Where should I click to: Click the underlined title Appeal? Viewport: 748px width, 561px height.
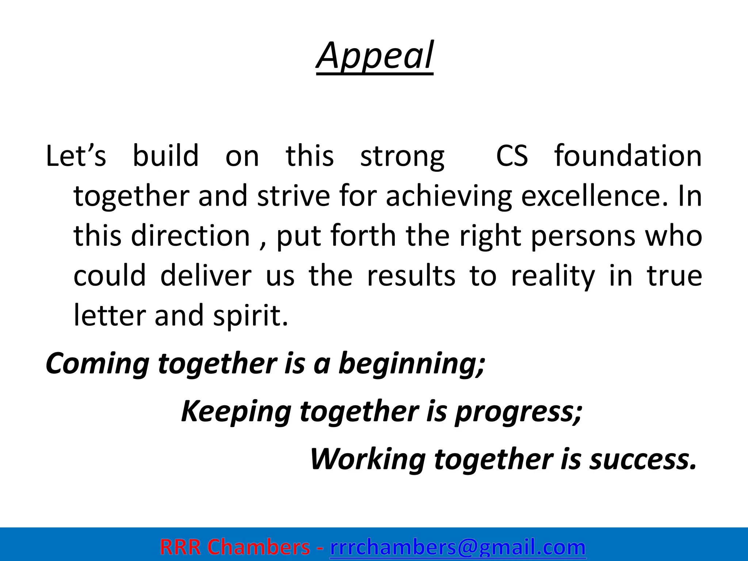point(375,57)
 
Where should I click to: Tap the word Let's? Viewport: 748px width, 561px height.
point(76,156)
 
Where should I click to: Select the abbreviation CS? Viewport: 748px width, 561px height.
point(511,156)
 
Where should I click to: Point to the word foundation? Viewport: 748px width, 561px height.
point(627,156)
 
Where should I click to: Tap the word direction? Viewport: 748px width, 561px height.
point(190,236)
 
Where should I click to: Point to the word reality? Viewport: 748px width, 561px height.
point(553,276)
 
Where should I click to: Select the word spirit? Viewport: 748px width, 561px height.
point(251,316)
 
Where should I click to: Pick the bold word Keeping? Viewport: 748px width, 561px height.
point(236,412)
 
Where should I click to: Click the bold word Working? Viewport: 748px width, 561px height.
point(367,459)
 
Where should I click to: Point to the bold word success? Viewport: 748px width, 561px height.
point(642,459)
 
